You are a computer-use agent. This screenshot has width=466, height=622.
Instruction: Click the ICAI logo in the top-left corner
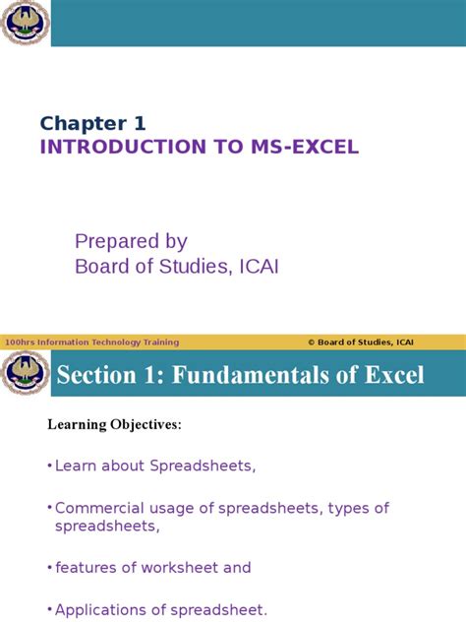click(x=25, y=23)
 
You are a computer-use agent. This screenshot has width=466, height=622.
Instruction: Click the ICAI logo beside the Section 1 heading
click(x=25, y=374)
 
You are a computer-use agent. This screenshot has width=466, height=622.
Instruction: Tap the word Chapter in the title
click(x=78, y=123)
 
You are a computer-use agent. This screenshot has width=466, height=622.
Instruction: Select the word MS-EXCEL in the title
click(x=314, y=148)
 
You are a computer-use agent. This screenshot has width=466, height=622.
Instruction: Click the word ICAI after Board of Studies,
click(x=257, y=266)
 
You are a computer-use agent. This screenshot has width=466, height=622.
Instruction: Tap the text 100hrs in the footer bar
click(x=17, y=342)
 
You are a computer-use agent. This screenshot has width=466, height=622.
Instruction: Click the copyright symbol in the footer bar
click(x=311, y=342)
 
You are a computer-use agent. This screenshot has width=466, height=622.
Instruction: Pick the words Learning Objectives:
click(x=115, y=424)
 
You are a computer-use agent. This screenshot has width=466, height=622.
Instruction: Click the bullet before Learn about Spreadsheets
click(x=49, y=466)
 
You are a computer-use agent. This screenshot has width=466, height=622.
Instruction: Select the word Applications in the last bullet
click(x=99, y=609)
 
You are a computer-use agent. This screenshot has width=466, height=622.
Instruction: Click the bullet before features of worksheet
click(x=49, y=567)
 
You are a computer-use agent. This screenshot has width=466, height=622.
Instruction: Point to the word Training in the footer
click(x=161, y=342)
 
